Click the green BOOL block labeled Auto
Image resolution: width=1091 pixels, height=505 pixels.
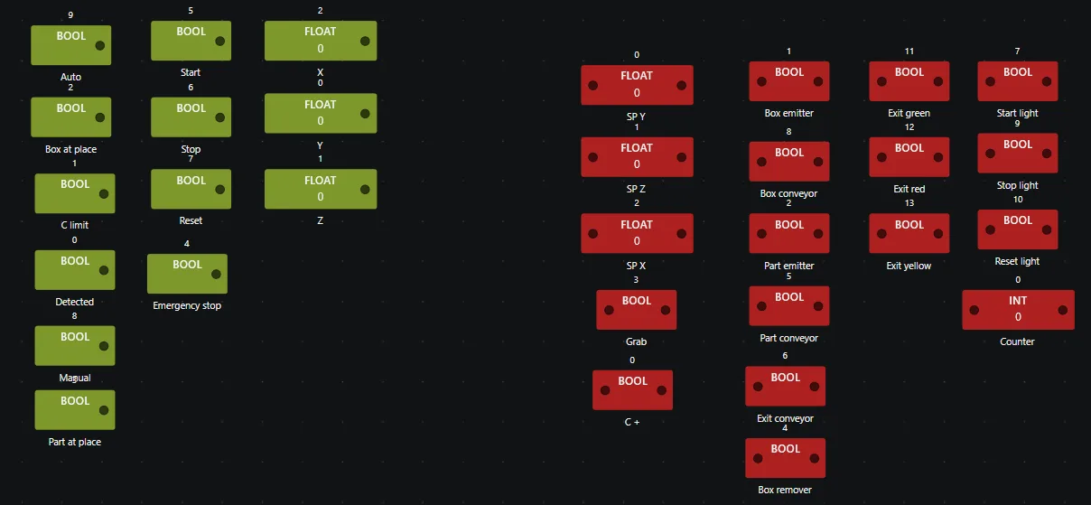click(x=71, y=45)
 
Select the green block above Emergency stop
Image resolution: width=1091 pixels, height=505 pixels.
click(x=187, y=273)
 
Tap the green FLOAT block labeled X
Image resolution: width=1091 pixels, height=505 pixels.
click(x=321, y=41)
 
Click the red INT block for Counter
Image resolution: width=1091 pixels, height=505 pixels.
click(x=1018, y=310)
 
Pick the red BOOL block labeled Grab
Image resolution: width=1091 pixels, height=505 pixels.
click(x=636, y=310)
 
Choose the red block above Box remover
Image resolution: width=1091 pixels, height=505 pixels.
click(x=785, y=458)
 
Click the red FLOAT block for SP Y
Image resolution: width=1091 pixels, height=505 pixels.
click(x=637, y=85)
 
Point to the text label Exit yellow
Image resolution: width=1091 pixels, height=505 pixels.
click(x=909, y=266)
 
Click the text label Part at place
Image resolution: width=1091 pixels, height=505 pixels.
click(x=75, y=442)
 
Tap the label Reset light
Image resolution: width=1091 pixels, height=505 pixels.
click(x=1017, y=261)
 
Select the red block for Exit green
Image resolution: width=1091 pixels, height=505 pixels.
click(x=909, y=80)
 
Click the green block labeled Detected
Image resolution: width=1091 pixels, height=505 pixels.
click(x=75, y=270)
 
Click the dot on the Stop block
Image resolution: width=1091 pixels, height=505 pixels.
click(x=219, y=117)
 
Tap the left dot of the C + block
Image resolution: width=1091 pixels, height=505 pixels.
click(x=605, y=390)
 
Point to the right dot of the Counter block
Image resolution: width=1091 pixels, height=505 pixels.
click(x=1063, y=310)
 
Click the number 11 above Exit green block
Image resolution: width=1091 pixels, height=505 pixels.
click(x=909, y=51)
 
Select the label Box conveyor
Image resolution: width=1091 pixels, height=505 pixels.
click(x=788, y=193)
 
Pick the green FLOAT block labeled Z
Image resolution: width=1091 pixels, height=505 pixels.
click(x=321, y=189)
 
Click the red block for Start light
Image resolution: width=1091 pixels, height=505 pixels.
click(x=1018, y=80)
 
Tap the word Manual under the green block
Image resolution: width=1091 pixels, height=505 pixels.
click(x=75, y=378)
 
